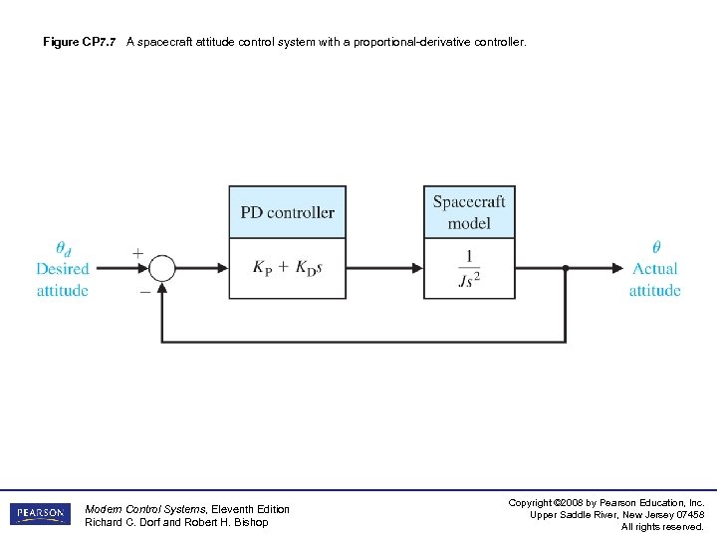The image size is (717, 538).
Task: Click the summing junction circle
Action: (x=162, y=268)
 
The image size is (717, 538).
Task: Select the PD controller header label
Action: (x=287, y=212)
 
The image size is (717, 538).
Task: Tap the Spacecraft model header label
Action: (x=469, y=211)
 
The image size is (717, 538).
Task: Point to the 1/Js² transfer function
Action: (x=469, y=269)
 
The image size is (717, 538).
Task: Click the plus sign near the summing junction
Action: (x=137, y=253)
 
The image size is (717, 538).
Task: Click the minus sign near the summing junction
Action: (x=145, y=292)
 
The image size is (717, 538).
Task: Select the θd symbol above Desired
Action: (x=63, y=248)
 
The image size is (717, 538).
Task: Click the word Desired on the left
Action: (x=63, y=269)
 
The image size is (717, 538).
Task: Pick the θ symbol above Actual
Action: (x=655, y=247)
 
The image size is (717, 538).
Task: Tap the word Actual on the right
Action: (x=654, y=269)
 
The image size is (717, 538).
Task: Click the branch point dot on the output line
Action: (x=566, y=268)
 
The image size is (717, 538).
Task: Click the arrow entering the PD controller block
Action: (x=222, y=268)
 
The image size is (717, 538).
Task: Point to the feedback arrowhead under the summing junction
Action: (x=162, y=287)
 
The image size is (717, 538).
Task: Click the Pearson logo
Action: (x=40, y=514)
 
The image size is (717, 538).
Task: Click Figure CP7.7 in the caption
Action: (x=80, y=43)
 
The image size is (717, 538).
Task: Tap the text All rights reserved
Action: (x=662, y=527)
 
